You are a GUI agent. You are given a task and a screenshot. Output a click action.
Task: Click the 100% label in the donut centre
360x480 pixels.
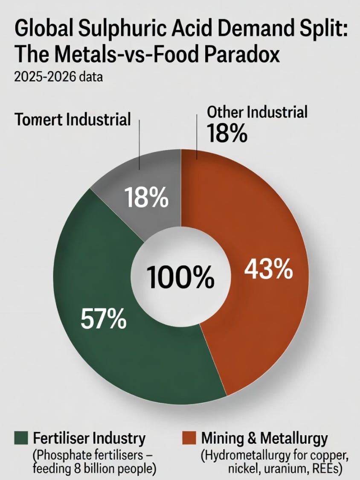point(180,277)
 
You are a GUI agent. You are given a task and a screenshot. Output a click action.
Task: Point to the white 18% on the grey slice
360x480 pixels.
point(146,198)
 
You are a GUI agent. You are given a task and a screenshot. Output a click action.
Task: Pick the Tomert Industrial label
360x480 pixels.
point(73,119)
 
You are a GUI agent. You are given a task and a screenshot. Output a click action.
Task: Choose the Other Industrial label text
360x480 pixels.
point(257,112)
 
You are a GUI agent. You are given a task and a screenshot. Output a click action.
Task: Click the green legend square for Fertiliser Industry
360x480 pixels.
point(21,438)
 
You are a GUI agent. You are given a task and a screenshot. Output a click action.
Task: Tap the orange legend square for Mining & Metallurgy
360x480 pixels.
point(189,438)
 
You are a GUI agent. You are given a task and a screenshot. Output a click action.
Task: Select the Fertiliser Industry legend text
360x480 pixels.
point(89,438)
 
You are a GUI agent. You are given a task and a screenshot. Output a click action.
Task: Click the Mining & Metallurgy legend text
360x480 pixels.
point(264,438)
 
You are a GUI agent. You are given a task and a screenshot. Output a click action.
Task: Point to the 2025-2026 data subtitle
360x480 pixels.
point(58,76)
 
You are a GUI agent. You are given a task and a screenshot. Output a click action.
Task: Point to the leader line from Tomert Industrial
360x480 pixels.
point(139,145)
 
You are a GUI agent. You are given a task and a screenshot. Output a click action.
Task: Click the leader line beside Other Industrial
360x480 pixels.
point(197,137)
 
